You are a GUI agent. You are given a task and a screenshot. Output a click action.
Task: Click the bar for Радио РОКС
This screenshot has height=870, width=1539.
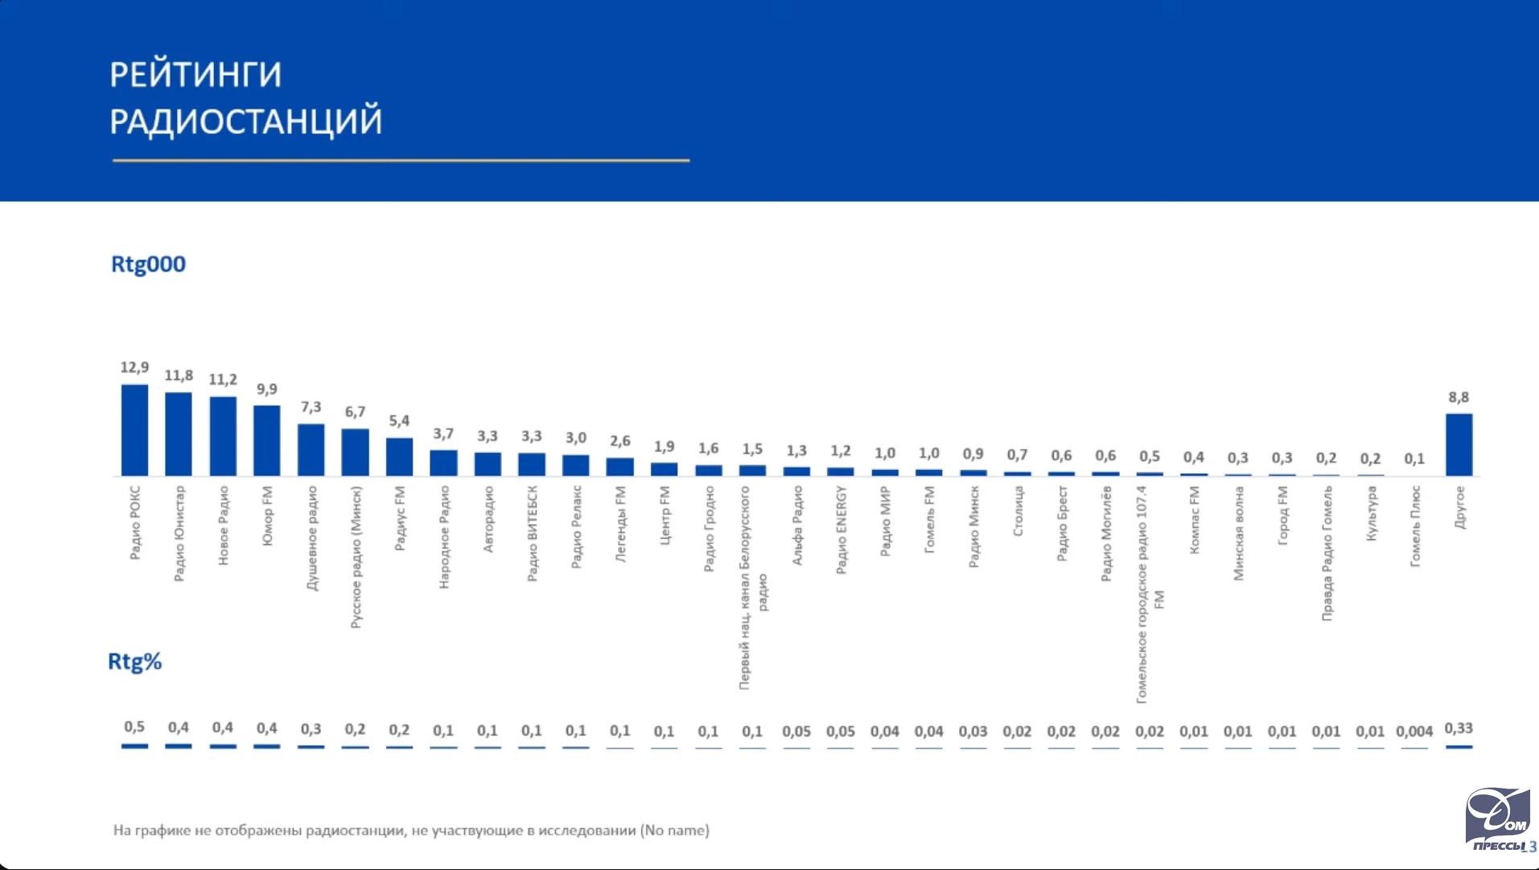point(134,430)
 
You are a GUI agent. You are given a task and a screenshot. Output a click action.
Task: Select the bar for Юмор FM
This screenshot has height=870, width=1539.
point(267,440)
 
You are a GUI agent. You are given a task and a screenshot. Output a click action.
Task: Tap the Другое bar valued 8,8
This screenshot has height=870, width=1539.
point(1459,444)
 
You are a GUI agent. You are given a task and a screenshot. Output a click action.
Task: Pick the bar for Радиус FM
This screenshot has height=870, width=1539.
point(399,456)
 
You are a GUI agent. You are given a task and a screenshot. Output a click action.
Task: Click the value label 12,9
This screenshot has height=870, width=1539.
point(134,368)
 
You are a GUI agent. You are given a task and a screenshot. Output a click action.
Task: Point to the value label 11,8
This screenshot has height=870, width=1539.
point(179,376)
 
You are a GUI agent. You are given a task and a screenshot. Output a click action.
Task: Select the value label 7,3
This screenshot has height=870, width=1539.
point(311,407)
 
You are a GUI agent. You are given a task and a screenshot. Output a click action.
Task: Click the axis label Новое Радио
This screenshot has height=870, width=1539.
point(224,525)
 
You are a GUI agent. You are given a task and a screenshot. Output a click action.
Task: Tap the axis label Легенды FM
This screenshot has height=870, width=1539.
point(620,524)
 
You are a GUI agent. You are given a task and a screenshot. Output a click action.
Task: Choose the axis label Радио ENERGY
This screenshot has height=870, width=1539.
point(841,530)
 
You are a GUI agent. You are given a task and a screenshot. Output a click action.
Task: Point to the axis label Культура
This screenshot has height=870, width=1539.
point(1371,513)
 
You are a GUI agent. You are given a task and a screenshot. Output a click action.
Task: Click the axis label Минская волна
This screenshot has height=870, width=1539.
point(1238,533)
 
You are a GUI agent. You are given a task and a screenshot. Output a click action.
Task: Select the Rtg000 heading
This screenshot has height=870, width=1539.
point(148,264)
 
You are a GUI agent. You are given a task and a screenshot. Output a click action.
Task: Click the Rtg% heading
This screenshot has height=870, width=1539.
point(135,662)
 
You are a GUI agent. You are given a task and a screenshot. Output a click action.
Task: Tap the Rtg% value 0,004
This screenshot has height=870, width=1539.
point(1414,732)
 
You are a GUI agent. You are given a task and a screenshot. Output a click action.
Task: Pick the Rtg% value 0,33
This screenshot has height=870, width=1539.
point(1459,728)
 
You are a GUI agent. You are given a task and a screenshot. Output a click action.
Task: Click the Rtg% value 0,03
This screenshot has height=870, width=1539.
point(973,732)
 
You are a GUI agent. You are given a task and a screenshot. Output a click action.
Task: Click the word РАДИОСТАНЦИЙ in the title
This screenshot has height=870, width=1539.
point(246,122)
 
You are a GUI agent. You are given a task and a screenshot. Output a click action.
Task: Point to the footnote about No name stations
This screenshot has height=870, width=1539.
point(411,830)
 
